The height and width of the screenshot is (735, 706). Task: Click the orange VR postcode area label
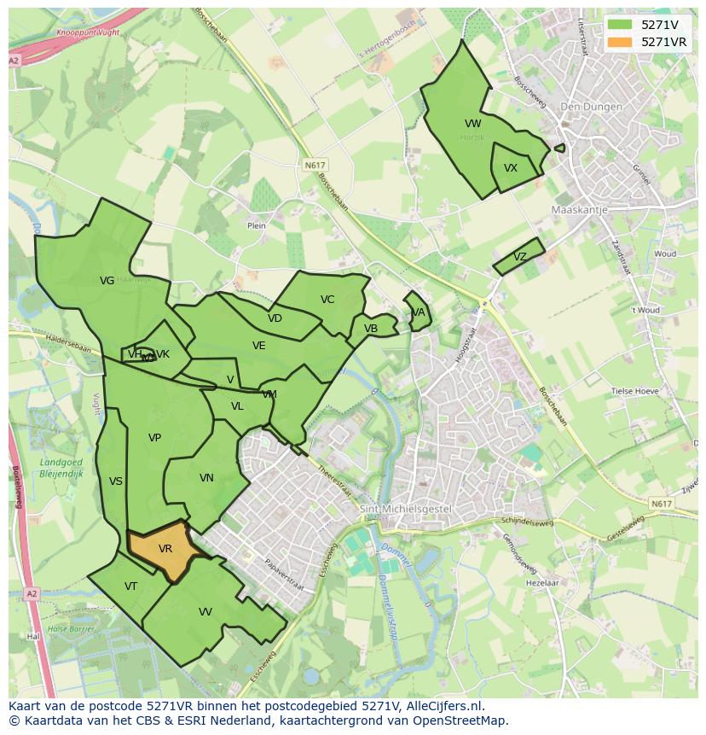click(x=165, y=549)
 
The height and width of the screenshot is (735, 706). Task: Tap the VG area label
click(x=107, y=281)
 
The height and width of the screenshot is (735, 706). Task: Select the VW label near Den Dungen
click(x=473, y=124)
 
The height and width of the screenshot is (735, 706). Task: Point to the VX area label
click(x=511, y=168)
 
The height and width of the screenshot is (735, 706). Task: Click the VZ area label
click(x=520, y=257)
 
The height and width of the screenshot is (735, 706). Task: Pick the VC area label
click(x=327, y=300)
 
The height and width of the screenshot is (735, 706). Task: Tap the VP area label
click(x=154, y=438)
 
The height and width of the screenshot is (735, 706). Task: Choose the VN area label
click(x=206, y=478)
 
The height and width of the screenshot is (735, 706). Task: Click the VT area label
click(x=130, y=586)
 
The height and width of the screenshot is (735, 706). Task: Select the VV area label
click(x=205, y=612)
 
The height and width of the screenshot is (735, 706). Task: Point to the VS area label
click(x=116, y=481)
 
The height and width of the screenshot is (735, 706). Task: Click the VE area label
click(x=259, y=346)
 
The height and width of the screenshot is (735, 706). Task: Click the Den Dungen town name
click(x=587, y=107)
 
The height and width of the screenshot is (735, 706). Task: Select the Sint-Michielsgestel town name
click(x=405, y=509)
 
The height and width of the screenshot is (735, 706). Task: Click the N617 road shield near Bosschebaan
click(x=315, y=164)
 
